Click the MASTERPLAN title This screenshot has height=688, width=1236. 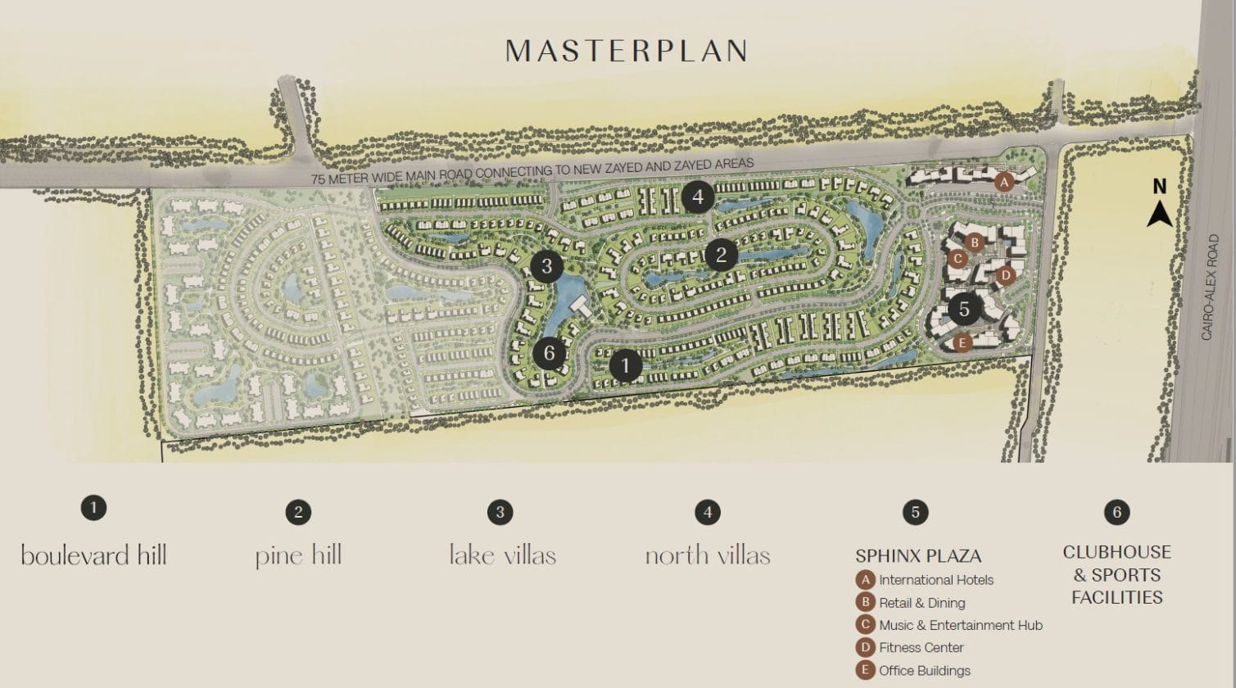(x=627, y=51)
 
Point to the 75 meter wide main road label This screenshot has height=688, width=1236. (x=532, y=172)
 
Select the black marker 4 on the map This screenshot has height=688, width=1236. (x=697, y=197)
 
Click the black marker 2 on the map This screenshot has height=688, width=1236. (x=721, y=254)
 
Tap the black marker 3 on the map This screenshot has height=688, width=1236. (x=546, y=265)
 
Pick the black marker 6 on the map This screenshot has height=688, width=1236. (x=549, y=353)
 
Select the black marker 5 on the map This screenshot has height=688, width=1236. (x=964, y=309)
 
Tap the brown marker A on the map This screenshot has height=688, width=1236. (x=1004, y=183)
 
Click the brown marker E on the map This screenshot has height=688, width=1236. (x=962, y=342)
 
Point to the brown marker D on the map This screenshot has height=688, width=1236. (x=1006, y=275)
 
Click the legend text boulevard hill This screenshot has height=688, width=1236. (x=93, y=555)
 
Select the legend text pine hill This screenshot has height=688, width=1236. (x=298, y=555)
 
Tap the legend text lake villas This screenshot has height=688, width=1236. (x=502, y=555)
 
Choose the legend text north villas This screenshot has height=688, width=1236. (x=708, y=555)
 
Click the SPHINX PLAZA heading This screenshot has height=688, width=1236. (x=918, y=556)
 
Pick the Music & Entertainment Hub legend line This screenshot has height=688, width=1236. (x=960, y=625)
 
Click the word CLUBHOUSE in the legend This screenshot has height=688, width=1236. (x=1116, y=552)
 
